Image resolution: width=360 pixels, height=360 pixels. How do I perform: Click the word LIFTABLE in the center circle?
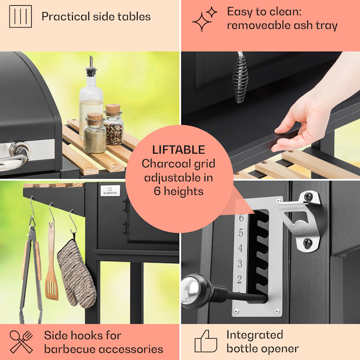coord(178,149)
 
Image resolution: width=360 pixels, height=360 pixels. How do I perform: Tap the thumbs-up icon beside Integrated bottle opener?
coord(205,341)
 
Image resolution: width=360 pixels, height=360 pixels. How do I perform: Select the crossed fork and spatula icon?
coord(21,342)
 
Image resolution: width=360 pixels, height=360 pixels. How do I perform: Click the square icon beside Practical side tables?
coord(21,16)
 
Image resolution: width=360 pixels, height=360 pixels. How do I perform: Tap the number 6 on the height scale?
coord(240,218)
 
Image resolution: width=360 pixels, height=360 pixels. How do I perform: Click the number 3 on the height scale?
coord(240,264)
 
